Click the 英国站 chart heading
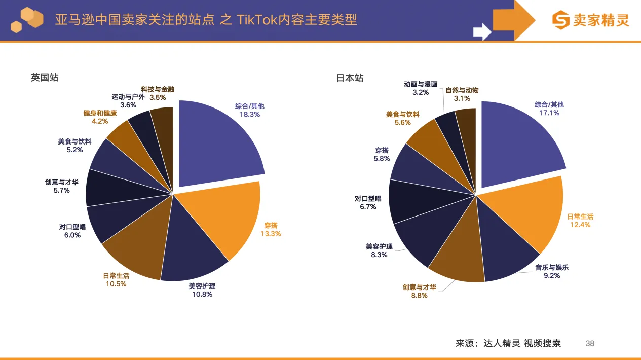point(44,78)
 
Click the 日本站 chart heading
point(350,78)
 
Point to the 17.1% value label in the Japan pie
point(549,113)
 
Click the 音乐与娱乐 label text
point(552,267)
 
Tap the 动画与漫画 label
point(421,84)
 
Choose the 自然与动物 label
point(462,90)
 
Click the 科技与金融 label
point(158,89)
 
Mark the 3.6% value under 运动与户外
point(128,105)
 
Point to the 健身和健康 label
point(100,113)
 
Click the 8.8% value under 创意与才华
point(420,295)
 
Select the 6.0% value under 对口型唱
point(72,235)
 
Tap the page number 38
point(590,343)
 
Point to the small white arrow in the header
point(482,32)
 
